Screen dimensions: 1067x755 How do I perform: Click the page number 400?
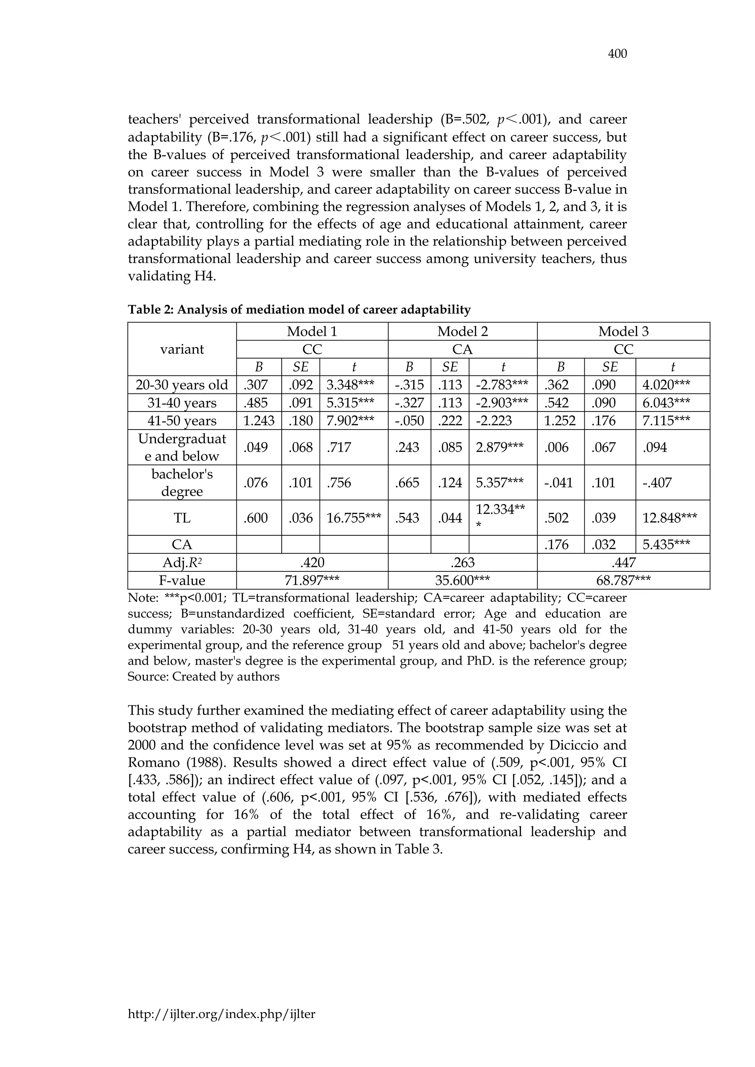617,54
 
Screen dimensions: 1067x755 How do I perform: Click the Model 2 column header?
462,331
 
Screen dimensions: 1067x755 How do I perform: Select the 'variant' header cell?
182,349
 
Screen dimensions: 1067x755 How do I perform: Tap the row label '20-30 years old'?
182,385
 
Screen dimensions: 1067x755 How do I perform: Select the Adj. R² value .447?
623,562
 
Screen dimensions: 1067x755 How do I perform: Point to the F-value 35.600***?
462,580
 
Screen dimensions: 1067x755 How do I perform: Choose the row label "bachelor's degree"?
182,482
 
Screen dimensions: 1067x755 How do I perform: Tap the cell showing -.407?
658,482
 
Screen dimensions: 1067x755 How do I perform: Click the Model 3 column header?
623,331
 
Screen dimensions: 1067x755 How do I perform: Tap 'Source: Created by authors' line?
203,676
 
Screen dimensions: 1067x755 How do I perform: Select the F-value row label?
182,580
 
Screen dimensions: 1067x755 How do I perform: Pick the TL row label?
182,518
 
